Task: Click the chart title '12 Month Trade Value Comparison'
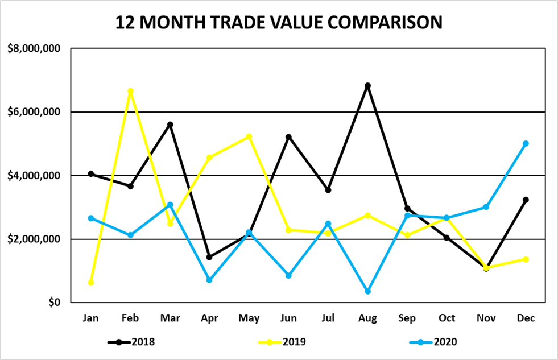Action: coord(279,23)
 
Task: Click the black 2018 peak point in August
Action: coord(367,86)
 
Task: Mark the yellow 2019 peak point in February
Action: coord(130,91)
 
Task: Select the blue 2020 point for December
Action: coord(526,144)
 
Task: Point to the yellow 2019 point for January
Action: coord(91,283)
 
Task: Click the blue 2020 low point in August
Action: coord(367,291)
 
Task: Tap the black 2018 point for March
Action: coord(170,125)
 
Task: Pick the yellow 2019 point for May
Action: coord(249,136)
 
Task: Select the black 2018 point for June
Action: coord(288,137)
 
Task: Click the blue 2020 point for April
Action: coord(209,280)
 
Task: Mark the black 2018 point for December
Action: coord(526,200)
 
